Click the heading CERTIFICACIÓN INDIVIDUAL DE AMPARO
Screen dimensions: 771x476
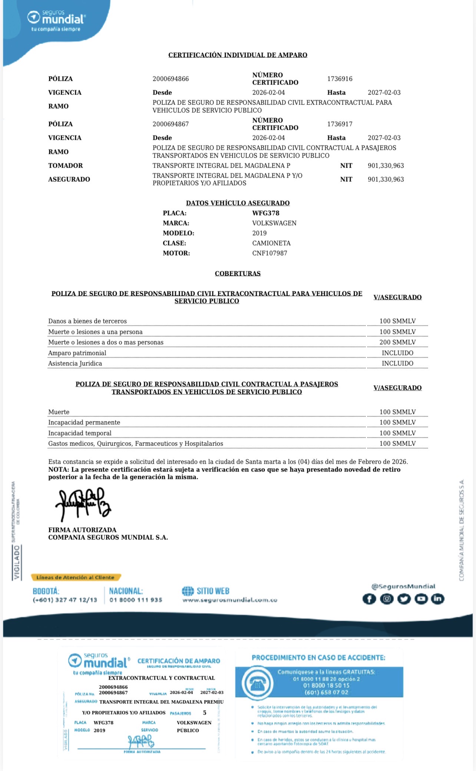pyautogui.click(x=238, y=55)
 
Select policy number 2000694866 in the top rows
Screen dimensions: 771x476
pyautogui.click(x=171, y=79)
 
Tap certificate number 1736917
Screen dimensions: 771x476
pyautogui.click(x=340, y=124)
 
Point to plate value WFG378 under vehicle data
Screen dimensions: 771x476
pyautogui.click(x=266, y=213)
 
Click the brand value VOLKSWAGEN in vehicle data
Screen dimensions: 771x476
pyautogui.click(x=274, y=223)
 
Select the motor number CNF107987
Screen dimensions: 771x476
pyautogui.click(x=270, y=253)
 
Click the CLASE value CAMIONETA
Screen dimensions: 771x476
pyautogui.click(x=271, y=243)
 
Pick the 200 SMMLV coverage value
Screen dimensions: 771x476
pyautogui.click(x=397, y=342)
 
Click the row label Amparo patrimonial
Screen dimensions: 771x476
pyautogui.click(x=77, y=353)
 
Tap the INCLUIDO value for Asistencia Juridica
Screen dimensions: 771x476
pyautogui.click(x=397, y=363)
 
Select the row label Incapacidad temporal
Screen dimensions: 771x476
pyautogui.click(x=80, y=433)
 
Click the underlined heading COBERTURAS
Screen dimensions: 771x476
pyautogui.click(x=238, y=273)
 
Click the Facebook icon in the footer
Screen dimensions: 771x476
pyautogui.click(x=369, y=599)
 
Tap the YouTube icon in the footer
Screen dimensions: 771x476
pyautogui.click(x=421, y=599)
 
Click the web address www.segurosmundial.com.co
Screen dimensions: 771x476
pyautogui.click(x=230, y=600)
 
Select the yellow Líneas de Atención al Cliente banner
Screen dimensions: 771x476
pyautogui.click(x=76, y=577)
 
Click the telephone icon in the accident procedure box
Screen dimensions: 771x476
pyautogui.click(x=257, y=683)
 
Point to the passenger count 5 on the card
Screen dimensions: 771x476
pyautogui.click(x=205, y=713)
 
